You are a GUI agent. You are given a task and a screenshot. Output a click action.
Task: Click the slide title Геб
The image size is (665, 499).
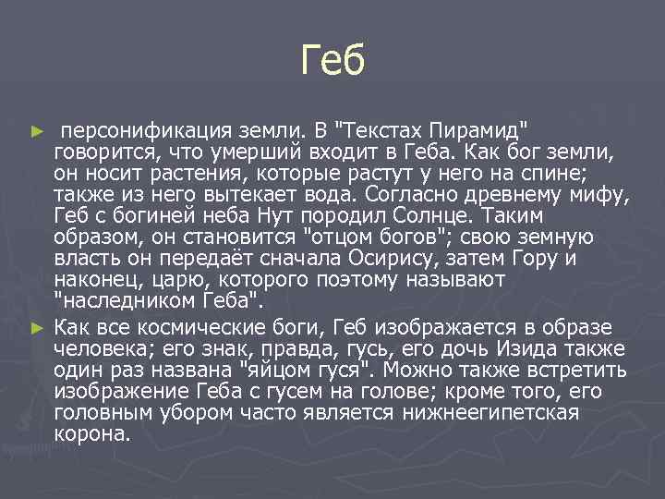coord(333,63)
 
